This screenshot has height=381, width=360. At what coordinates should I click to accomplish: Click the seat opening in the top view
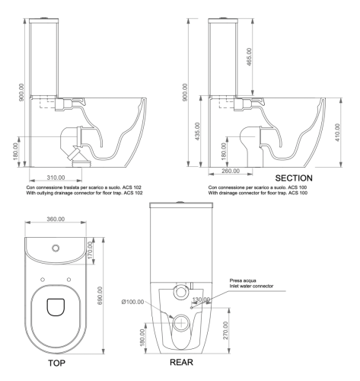point(55,307)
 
